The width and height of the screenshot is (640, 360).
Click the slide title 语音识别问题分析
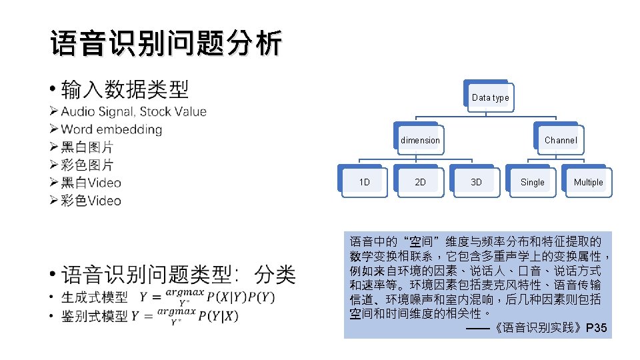click(165, 43)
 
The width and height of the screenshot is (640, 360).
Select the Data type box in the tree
click(490, 98)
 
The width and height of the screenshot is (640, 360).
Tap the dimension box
click(420, 140)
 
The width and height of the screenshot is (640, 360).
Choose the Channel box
click(561, 140)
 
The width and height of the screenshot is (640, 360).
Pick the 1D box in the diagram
click(365, 182)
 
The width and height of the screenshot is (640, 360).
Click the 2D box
click(421, 182)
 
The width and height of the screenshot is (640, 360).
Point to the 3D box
click(476, 182)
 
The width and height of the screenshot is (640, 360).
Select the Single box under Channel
click(532, 182)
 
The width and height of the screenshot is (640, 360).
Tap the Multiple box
click(588, 182)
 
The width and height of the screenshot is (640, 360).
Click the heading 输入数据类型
click(125, 89)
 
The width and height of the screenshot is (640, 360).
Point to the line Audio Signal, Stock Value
click(133, 111)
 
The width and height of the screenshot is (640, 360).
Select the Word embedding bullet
click(111, 129)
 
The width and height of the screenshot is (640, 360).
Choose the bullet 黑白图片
click(87, 147)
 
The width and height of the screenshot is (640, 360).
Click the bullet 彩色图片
click(87, 165)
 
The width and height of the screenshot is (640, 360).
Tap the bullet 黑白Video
click(91, 183)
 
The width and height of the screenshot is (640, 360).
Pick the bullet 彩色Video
click(91, 201)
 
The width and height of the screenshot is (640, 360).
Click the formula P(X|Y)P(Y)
click(241, 297)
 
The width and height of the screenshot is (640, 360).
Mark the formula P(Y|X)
click(218, 316)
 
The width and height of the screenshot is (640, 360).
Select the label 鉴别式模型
click(94, 316)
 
